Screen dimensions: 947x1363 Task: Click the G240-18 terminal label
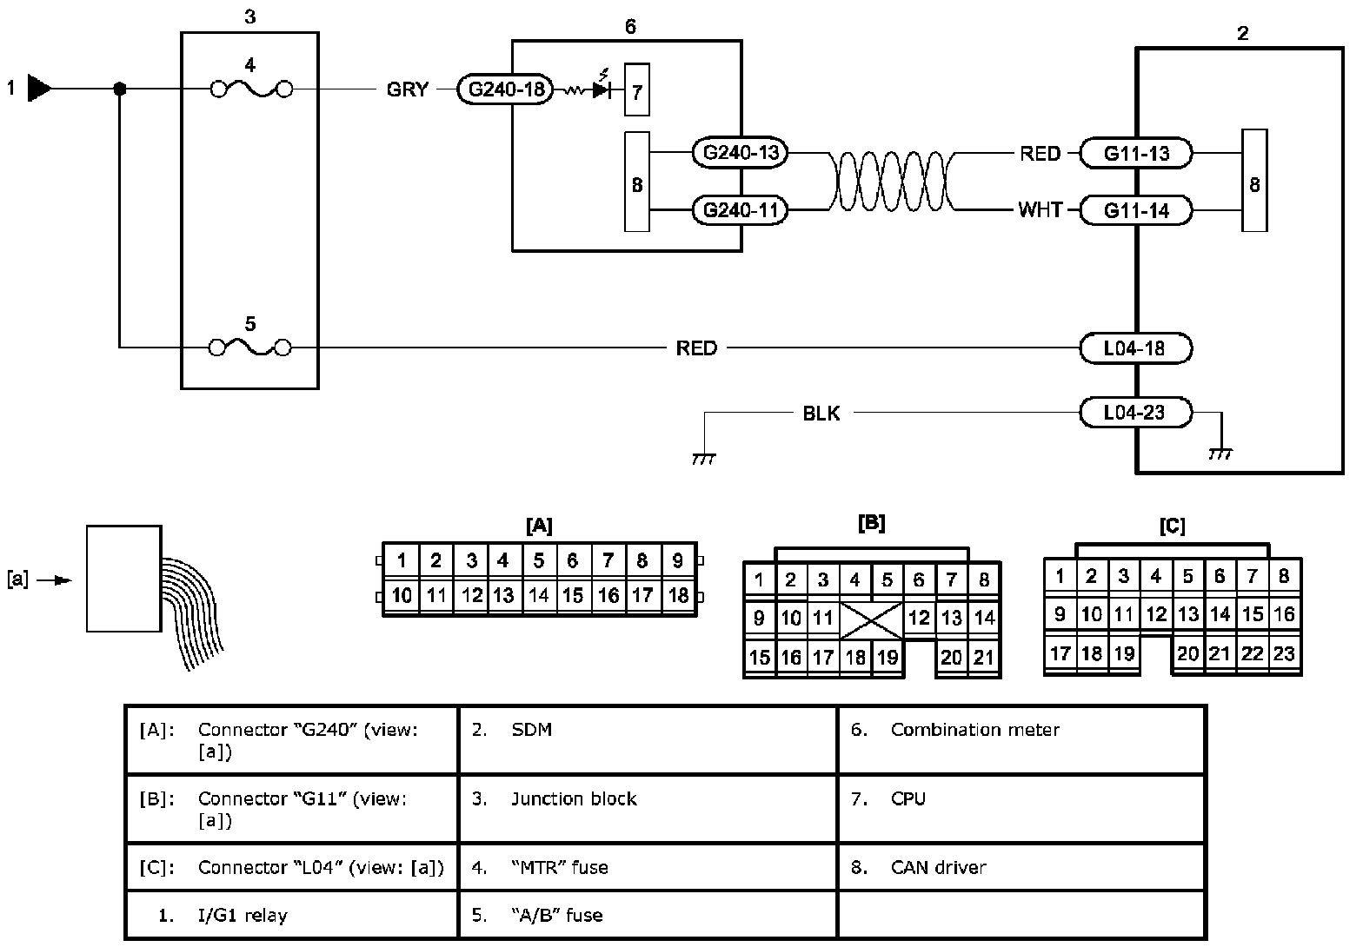[x=504, y=89]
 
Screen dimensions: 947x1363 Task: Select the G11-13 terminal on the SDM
[x=1135, y=154]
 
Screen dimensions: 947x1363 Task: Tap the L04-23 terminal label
[x=1134, y=413]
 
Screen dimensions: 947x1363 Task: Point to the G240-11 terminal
[x=739, y=210]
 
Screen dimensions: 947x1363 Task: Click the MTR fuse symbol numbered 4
[x=251, y=89]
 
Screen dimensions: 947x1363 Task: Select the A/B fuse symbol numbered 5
[x=251, y=348]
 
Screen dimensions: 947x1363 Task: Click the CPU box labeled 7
[x=636, y=90]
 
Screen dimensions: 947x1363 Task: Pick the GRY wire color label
[x=408, y=89]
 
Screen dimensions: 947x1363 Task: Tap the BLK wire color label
[x=821, y=414]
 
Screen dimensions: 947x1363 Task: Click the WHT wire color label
[x=1040, y=210]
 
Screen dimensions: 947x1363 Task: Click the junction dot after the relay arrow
[x=120, y=89]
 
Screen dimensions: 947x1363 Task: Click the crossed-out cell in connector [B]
[x=871, y=619]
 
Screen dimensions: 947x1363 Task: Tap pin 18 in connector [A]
[x=678, y=595]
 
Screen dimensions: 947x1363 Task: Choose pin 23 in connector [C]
[x=1283, y=652]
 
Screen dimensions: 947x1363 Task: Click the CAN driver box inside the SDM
[x=1253, y=181]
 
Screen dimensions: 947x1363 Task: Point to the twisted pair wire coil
[x=893, y=182]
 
